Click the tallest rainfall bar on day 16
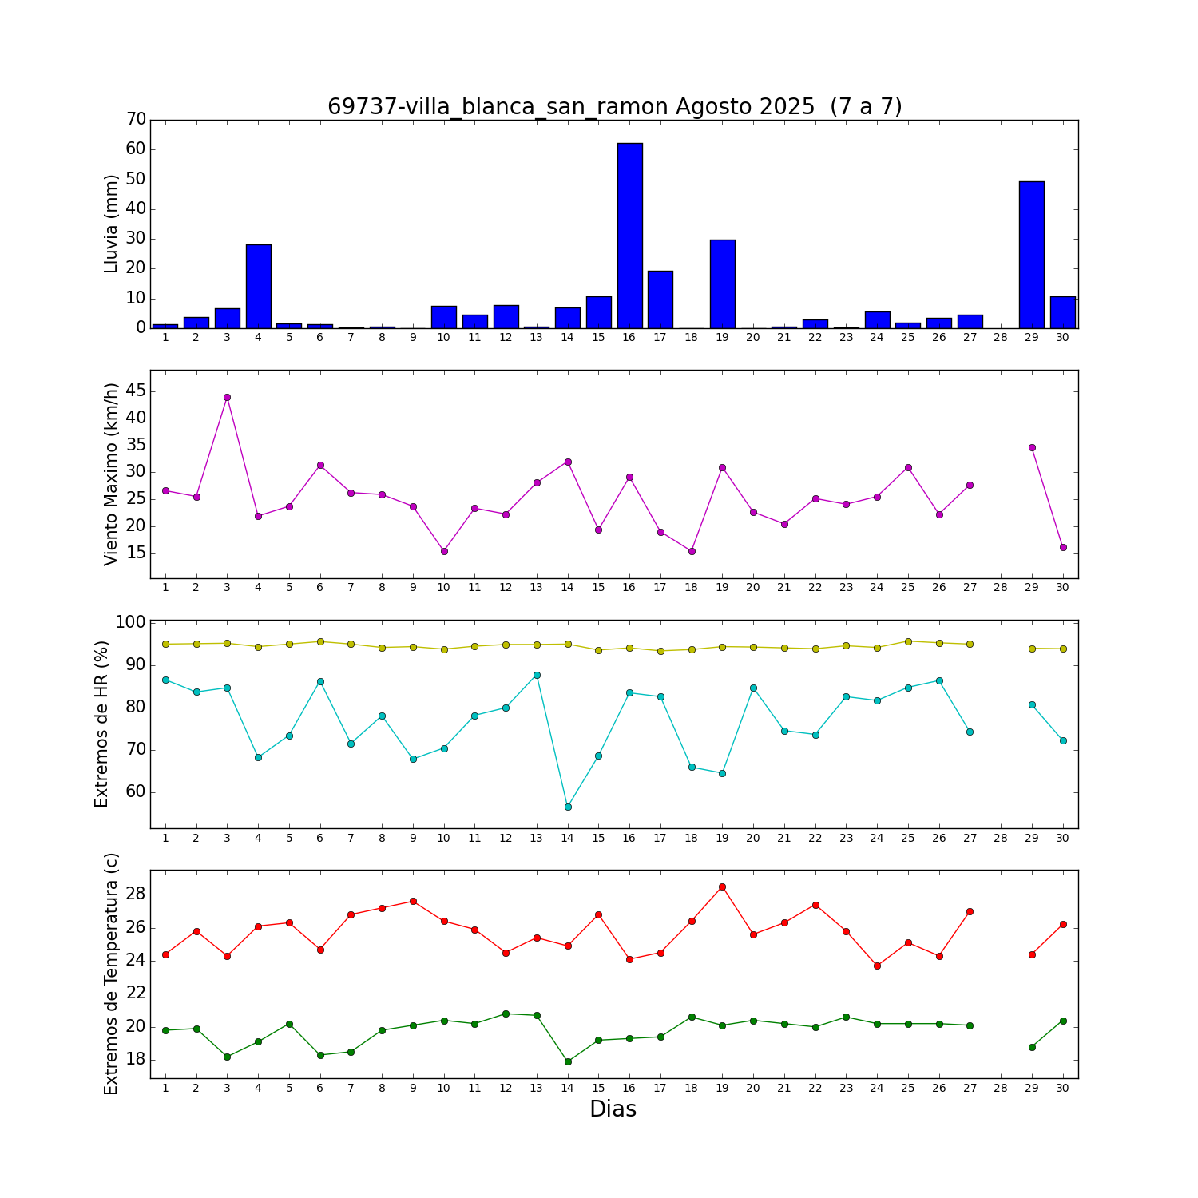[x=629, y=236]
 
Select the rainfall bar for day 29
[x=1032, y=255]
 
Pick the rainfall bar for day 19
[x=722, y=284]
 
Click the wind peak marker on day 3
[x=227, y=397]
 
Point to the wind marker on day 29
[x=1032, y=447]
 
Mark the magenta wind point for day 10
[x=444, y=551]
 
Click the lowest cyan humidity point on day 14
[x=568, y=807]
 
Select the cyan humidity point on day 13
[x=537, y=675]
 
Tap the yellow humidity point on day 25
[x=908, y=641]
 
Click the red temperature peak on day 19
[x=722, y=887]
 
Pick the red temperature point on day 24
[x=877, y=966]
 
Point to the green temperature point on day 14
[x=568, y=1061]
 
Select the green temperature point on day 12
[x=506, y=1014]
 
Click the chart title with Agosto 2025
[x=614, y=106]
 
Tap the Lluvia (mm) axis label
[x=111, y=224]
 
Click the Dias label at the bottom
[x=613, y=1109]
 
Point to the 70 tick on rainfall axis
[x=136, y=120]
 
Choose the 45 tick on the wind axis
[x=136, y=391]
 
